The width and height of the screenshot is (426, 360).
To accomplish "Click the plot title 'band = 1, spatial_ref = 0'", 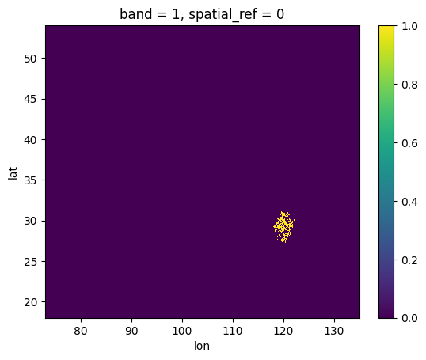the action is click(x=202, y=14).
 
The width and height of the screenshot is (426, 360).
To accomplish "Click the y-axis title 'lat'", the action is click(x=13, y=173).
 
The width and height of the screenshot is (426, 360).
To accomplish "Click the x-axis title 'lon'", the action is click(x=202, y=346).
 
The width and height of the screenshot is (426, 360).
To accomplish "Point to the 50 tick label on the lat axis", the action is click(x=30, y=59).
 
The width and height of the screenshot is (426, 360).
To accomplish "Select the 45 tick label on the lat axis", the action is click(x=30, y=100).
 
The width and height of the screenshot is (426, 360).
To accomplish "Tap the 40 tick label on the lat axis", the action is click(x=30, y=140).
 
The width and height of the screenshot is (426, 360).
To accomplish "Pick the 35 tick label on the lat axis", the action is click(x=30, y=180).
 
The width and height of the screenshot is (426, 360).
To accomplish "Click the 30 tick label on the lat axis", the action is click(x=30, y=222).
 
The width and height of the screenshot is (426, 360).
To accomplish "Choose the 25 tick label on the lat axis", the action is click(x=30, y=262).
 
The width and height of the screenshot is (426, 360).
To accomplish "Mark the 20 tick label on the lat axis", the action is click(x=30, y=302).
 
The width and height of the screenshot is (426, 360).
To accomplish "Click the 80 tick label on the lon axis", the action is click(x=81, y=331).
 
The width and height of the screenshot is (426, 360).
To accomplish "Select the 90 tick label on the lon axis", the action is click(x=131, y=331).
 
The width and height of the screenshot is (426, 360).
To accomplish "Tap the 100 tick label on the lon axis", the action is click(x=182, y=331).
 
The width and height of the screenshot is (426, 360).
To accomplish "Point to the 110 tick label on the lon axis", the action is click(x=233, y=331).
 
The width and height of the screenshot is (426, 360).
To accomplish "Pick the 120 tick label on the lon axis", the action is click(x=283, y=331).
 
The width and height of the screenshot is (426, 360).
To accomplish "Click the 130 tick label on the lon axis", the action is click(x=334, y=331).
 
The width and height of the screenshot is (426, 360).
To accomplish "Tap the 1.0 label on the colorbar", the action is click(x=409, y=27).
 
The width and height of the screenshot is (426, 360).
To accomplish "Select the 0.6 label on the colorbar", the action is click(x=409, y=143).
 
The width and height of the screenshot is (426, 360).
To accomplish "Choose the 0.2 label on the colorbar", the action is click(x=409, y=260).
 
